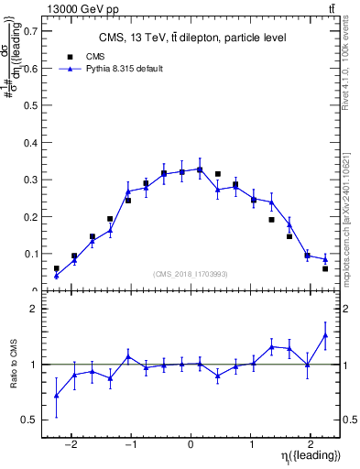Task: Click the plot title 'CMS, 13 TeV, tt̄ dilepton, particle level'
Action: point(192,38)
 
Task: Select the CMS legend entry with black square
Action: point(82,56)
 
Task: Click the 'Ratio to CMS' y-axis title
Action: point(14,376)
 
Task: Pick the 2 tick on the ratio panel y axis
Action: point(34,309)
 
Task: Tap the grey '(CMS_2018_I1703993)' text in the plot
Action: point(191,274)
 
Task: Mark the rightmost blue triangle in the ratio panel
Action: point(325,335)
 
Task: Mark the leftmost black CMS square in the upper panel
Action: point(57,269)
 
